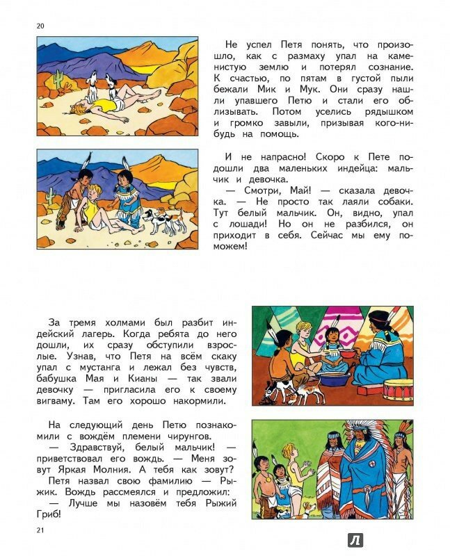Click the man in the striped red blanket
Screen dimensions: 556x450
pyautogui.click(x=327, y=480)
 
